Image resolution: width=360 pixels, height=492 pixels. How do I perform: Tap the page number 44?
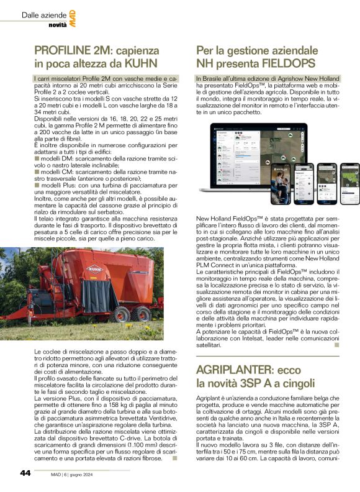(25, 473)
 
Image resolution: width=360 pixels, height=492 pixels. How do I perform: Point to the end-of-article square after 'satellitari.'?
(337, 347)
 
